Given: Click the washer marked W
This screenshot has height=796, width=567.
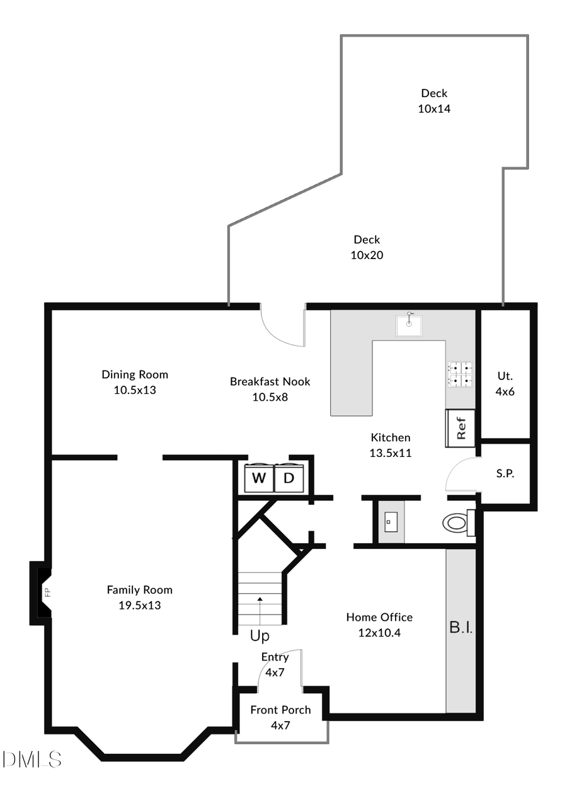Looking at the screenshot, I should pos(259,478).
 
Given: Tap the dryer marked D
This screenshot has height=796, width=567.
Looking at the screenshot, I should pos(289,478).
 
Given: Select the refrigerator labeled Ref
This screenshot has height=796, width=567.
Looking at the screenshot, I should pos(461,428).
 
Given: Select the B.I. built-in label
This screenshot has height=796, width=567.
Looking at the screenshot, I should pos(461,628).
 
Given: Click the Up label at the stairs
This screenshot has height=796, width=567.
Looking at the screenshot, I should pos(260,636).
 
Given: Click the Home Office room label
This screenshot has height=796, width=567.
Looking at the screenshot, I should pos(379,617).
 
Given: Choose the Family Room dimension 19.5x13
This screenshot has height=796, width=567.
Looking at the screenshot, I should pos(139,605).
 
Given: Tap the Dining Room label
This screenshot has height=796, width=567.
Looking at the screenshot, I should pos(135,374).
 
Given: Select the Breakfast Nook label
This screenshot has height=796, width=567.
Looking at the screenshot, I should pos(270,381).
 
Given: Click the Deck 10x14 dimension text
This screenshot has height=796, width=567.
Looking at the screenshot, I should pos(434,108).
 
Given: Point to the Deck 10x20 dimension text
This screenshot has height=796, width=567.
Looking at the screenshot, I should pos(367,255).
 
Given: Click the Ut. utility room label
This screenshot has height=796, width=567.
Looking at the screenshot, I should pos(505,376).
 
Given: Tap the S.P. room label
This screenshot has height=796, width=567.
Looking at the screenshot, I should pos(505,474).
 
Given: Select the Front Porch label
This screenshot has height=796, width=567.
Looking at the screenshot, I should pos(280,710).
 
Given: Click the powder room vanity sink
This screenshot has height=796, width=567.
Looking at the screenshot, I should pos(390,521).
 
